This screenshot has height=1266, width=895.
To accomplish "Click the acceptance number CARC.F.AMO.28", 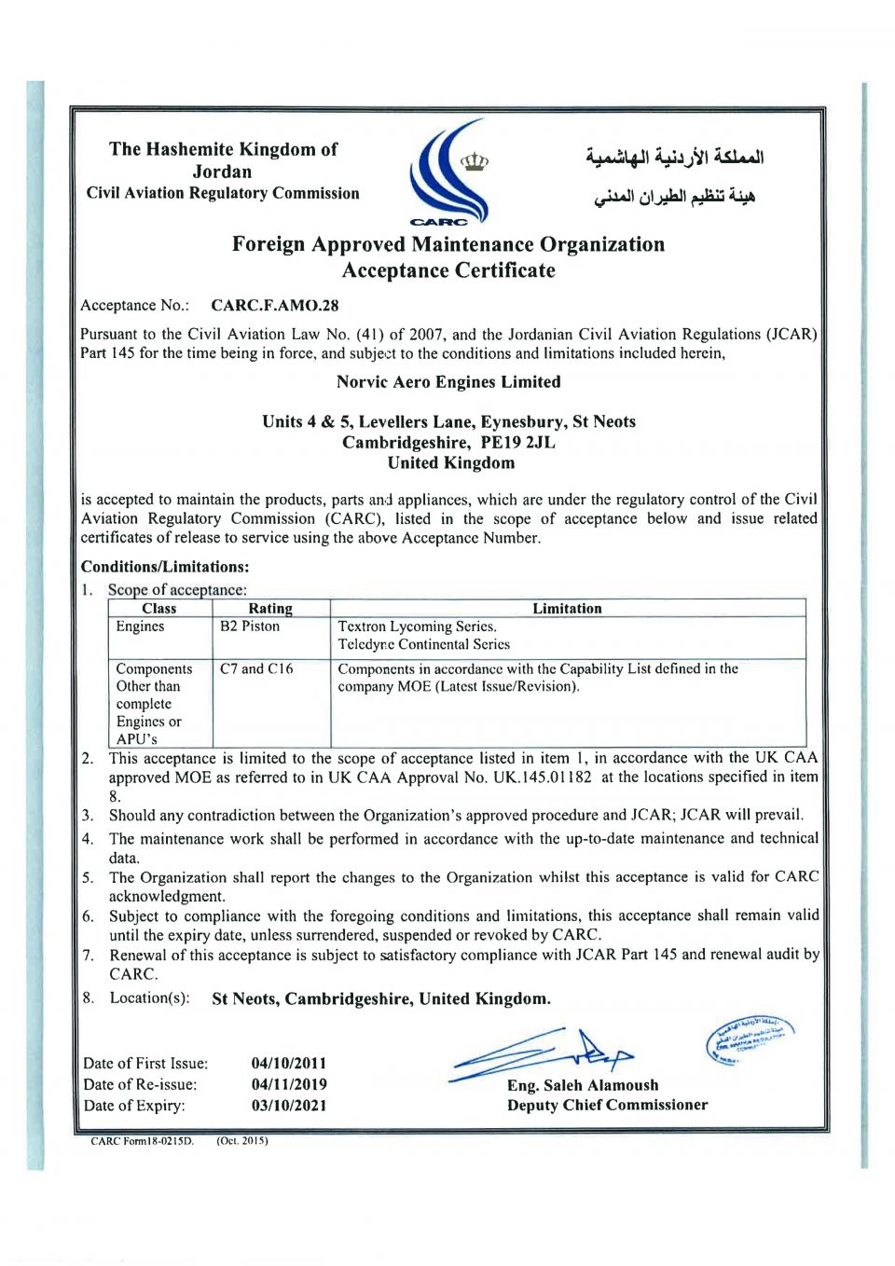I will pyautogui.click(x=274, y=305).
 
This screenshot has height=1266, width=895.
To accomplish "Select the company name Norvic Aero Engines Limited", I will pyautogui.click(x=448, y=381).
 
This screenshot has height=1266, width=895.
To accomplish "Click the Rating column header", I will pyautogui.click(x=270, y=608).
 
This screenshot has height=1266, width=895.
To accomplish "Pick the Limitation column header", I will pyautogui.click(x=567, y=608).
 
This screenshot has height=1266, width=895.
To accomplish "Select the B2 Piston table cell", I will pyautogui.click(x=249, y=626).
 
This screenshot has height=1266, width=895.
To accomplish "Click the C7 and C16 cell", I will pyautogui.click(x=256, y=668).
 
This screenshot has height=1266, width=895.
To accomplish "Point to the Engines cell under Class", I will pyautogui.click(x=140, y=626).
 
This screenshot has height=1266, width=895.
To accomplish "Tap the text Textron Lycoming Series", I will pyautogui.click(x=417, y=626).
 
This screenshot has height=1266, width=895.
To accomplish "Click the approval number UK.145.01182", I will pyautogui.click(x=542, y=777).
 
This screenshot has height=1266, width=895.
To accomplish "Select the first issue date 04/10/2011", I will pyautogui.click(x=289, y=1063).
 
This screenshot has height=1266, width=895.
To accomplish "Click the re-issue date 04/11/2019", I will pyautogui.click(x=289, y=1084).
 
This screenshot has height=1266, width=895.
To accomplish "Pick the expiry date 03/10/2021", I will pyautogui.click(x=289, y=1106).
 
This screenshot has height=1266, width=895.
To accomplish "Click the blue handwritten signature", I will pyautogui.click(x=541, y=1054).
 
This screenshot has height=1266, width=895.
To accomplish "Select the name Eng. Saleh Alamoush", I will pyautogui.click(x=583, y=1085).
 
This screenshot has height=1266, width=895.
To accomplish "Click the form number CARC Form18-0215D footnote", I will pyautogui.click(x=142, y=1141).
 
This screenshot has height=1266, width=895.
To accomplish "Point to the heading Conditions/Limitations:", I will pyautogui.click(x=165, y=567).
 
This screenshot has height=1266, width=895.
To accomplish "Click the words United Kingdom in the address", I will pyautogui.click(x=451, y=462).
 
